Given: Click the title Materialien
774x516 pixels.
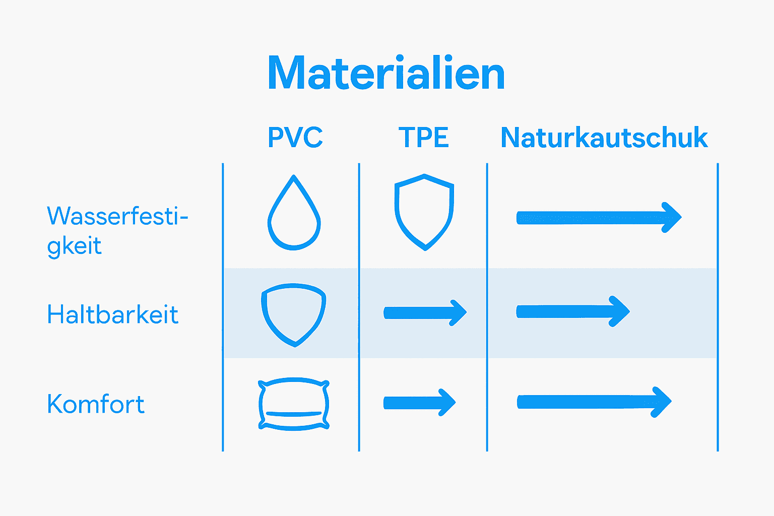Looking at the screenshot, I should tap(386, 74).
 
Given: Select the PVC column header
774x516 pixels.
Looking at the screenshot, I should tap(295, 138).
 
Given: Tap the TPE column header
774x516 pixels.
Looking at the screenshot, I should tap(423, 138).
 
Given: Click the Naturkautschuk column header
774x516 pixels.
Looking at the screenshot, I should tap(604, 138).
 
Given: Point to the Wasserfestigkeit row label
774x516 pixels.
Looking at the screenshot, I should tap(117, 230).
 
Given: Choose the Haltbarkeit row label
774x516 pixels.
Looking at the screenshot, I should tap(112, 315).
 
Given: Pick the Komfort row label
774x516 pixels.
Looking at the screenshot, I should tap(96, 404).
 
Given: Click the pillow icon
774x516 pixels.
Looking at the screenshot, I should tap(294, 404).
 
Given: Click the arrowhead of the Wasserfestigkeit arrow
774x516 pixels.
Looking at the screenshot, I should tap(673, 218).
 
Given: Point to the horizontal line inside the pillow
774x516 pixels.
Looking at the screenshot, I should tap(294, 414).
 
